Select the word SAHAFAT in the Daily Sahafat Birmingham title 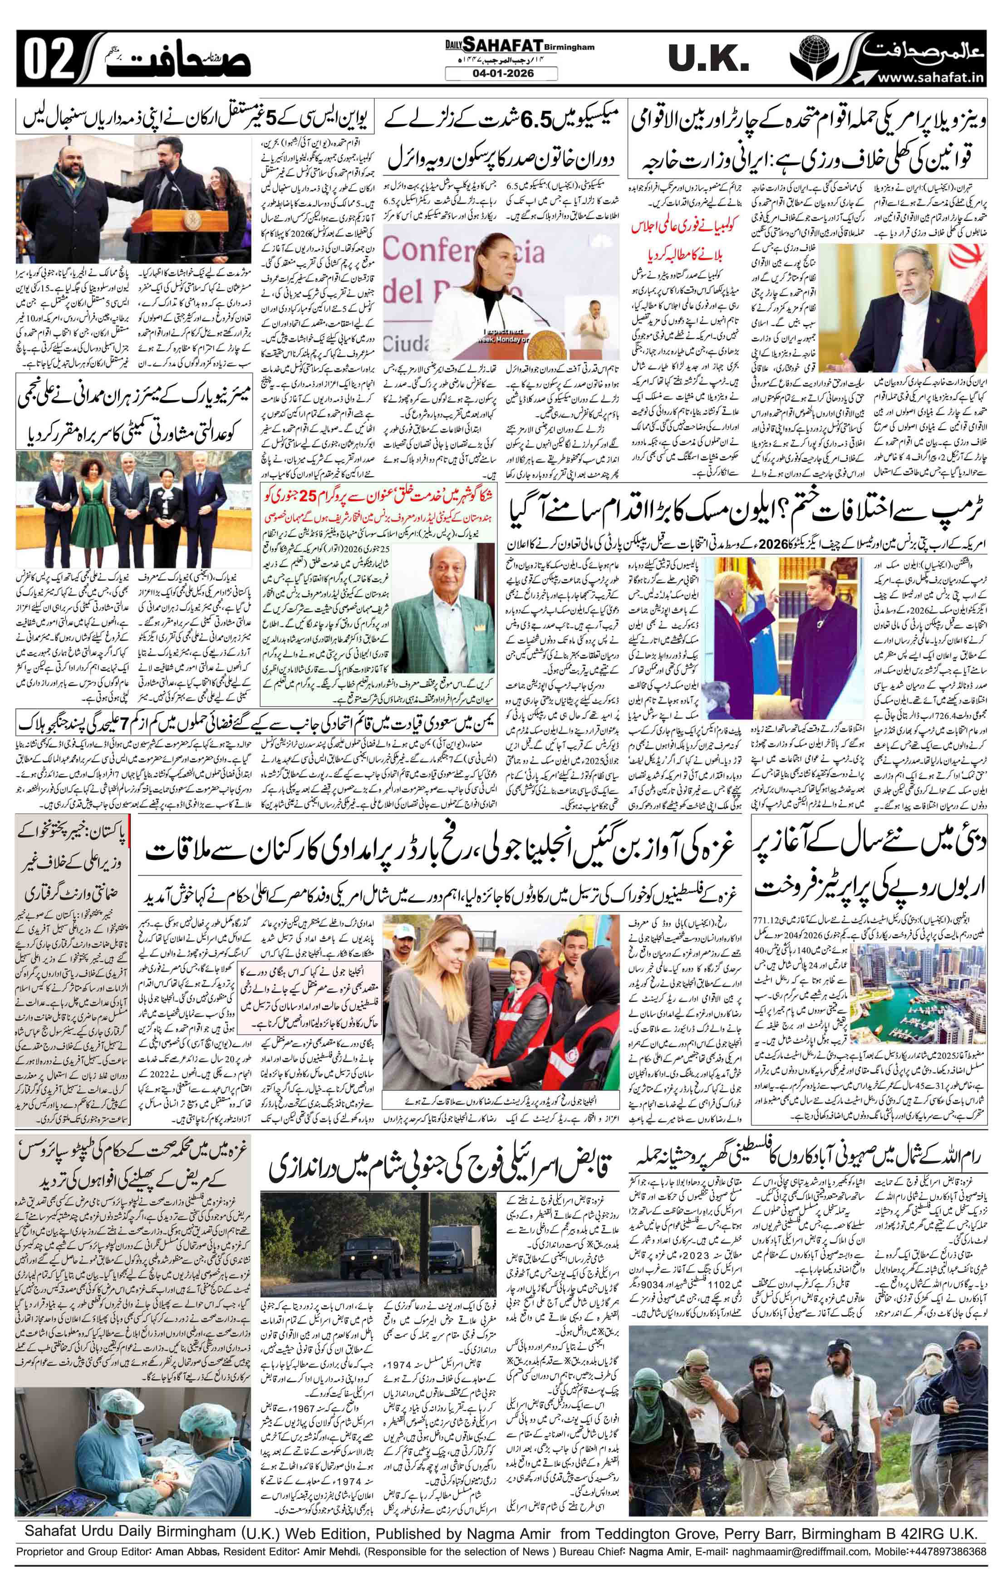coord(493,45)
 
